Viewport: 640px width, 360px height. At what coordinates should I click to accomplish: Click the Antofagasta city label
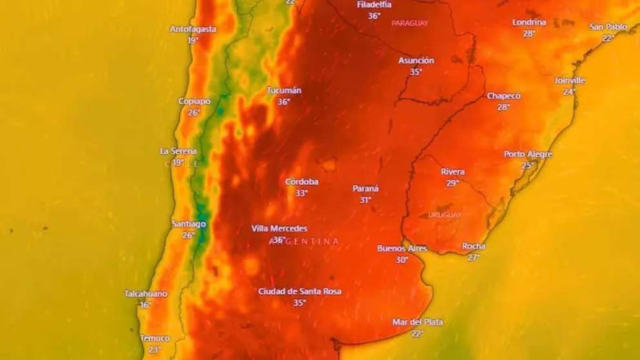tap(193, 29)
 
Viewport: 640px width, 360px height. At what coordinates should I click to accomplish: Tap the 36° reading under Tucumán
tap(283, 102)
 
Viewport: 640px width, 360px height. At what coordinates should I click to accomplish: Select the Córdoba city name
tap(302, 182)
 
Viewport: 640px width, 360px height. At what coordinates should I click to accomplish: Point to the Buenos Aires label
tap(402, 248)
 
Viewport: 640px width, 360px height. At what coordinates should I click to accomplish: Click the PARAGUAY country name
tap(410, 23)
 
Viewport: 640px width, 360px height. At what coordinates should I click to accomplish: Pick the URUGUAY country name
tap(445, 215)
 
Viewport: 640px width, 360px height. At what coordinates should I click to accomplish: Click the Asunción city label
tap(416, 61)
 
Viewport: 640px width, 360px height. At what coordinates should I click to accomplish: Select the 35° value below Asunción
tap(416, 72)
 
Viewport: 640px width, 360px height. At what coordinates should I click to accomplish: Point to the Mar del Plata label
tap(417, 322)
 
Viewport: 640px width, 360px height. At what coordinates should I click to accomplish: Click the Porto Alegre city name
tap(528, 154)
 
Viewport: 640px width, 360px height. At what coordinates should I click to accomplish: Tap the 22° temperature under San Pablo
tap(608, 38)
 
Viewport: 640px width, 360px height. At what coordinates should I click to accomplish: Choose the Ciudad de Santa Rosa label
tap(299, 292)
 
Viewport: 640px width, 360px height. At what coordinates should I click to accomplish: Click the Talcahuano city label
tap(145, 294)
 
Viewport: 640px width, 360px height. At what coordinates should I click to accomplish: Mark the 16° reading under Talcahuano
tap(145, 305)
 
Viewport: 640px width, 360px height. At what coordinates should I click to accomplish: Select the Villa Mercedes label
tap(279, 228)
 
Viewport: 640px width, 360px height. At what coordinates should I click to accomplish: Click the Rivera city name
tap(453, 172)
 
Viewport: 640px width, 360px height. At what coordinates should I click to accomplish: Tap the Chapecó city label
tap(504, 96)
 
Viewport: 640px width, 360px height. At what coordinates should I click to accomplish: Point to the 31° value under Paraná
tap(365, 200)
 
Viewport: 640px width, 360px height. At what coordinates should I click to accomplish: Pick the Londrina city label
tap(529, 23)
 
